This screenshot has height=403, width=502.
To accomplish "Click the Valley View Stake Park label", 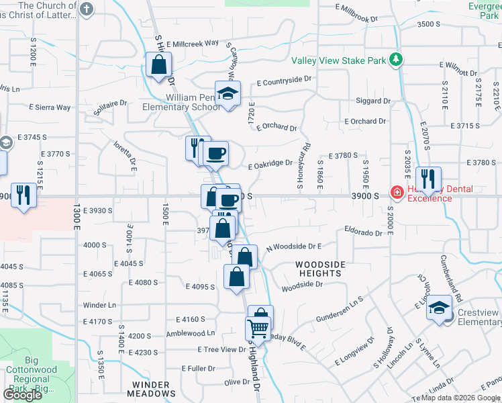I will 338,60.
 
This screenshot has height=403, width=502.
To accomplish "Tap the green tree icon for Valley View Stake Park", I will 396,60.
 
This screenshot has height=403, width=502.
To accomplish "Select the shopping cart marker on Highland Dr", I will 257,328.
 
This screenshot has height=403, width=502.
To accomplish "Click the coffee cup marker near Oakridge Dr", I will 216,153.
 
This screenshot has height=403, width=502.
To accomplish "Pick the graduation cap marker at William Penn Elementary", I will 228,93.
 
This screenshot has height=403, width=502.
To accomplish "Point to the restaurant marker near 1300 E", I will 23,195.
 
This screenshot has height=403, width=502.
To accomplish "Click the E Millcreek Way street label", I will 192,43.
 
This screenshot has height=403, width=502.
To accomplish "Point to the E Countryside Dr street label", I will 285,80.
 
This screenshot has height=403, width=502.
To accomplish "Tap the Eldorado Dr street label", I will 363,234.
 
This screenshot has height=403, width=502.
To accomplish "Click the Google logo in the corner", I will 22,395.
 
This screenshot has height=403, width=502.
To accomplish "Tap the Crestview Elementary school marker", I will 440,308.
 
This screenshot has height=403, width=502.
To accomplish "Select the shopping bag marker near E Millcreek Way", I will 159,66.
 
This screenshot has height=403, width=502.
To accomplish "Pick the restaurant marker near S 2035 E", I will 427,179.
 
